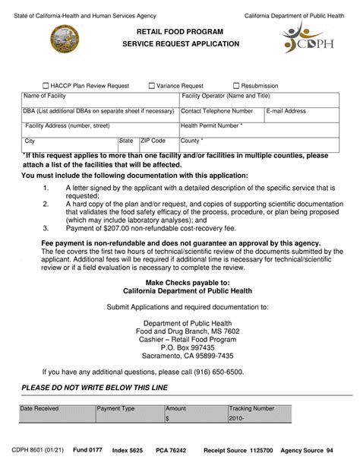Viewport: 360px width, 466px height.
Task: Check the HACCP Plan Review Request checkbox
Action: [46, 86]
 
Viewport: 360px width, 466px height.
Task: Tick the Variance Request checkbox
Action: [152, 86]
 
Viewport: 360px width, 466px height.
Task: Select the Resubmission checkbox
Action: [237, 86]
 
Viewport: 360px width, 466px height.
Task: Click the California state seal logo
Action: [64, 39]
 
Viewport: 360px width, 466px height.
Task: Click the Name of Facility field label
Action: [45, 97]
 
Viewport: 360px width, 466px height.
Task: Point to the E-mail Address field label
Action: [286, 111]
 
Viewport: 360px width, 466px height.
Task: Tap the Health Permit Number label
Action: [211, 125]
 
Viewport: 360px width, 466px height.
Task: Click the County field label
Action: [192, 141]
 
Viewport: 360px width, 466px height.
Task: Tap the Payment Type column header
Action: [116, 408]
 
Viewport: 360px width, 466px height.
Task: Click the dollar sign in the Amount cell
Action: [167, 418]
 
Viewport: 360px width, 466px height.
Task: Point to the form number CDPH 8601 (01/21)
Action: [38, 451]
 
